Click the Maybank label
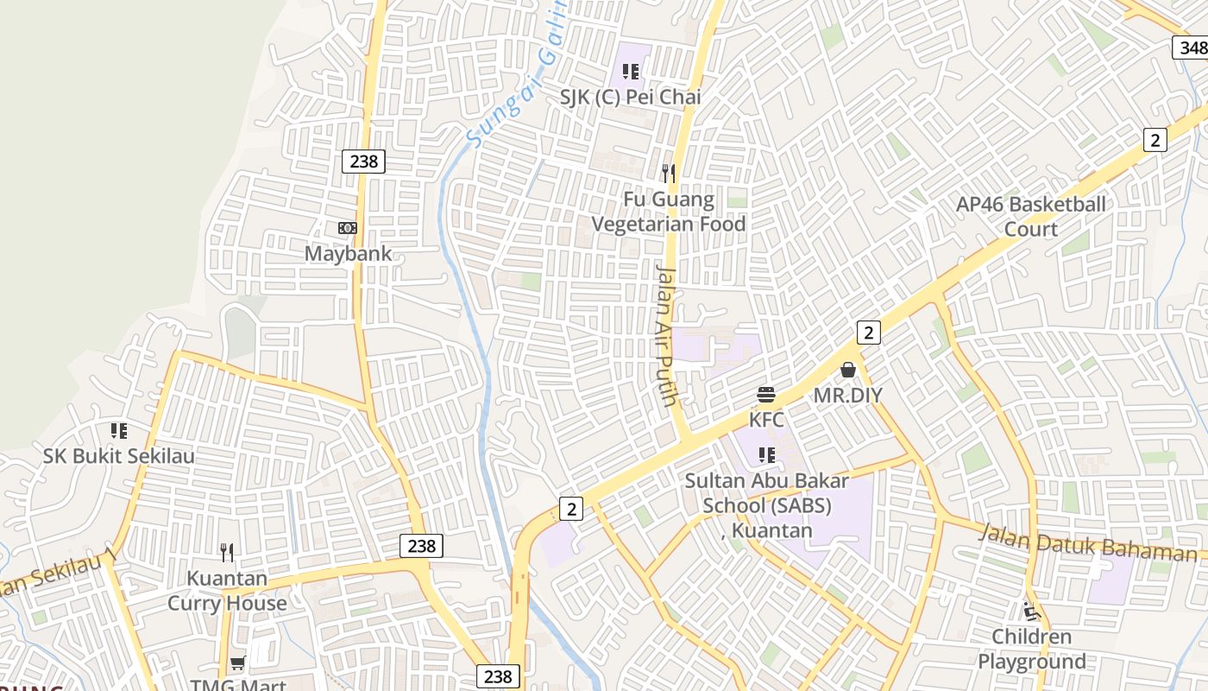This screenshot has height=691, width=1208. pyautogui.click(x=348, y=254)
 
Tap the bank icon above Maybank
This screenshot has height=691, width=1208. pyautogui.click(x=348, y=228)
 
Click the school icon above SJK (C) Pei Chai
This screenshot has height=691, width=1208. pyautogui.click(x=631, y=72)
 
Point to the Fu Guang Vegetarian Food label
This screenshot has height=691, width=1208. pyautogui.click(x=669, y=212)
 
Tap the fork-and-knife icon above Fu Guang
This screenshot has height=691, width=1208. pyautogui.click(x=669, y=174)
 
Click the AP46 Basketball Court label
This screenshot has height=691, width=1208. pyautogui.click(x=1030, y=217)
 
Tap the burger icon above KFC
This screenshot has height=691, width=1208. pyautogui.click(x=766, y=396)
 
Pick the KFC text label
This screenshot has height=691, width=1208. pyautogui.click(x=766, y=421)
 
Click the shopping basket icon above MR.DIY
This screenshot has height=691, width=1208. pyautogui.click(x=848, y=371)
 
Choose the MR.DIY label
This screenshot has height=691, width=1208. pyautogui.click(x=848, y=396)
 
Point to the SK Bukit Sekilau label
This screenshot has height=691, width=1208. pyautogui.click(x=119, y=456)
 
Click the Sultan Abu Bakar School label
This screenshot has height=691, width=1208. pyautogui.click(x=767, y=505)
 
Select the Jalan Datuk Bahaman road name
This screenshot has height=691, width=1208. pyautogui.click(x=1087, y=545)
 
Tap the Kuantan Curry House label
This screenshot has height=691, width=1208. pyautogui.click(x=227, y=591)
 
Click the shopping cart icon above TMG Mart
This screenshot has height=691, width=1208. pyautogui.click(x=237, y=663)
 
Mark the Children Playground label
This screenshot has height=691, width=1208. pyautogui.click(x=1031, y=650)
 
